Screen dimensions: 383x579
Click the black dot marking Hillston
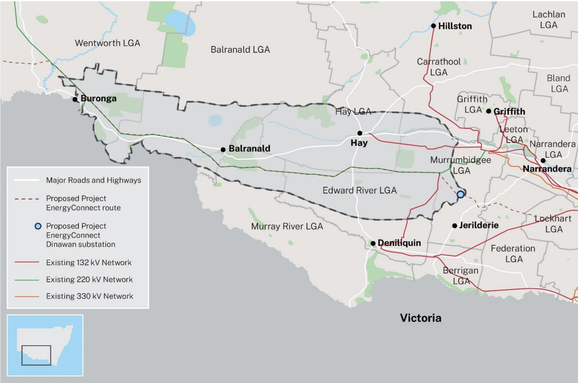tap(433, 26)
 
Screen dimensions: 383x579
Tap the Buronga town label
tap(98, 98)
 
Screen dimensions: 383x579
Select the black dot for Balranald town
tap(223, 150)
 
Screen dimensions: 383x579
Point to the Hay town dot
tap(360, 133)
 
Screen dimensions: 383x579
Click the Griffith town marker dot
tap(488, 111)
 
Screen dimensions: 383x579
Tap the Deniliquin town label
tap(399, 243)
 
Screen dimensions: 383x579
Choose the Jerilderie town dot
tap(455, 225)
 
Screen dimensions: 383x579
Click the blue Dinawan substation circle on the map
tap(460, 194)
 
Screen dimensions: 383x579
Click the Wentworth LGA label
tap(108, 43)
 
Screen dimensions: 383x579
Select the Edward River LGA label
tap(359, 190)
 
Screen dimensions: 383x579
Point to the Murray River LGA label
tap(287, 226)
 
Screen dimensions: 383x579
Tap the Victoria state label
tap(421, 318)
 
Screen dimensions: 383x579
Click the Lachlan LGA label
tap(549, 20)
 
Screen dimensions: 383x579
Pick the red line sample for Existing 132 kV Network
tap(27, 262)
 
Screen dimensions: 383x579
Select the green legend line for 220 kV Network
tap(27, 280)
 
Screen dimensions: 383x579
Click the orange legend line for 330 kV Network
tap(27, 296)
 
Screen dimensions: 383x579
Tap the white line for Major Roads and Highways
tap(27, 180)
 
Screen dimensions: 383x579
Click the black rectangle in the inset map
tap(36, 355)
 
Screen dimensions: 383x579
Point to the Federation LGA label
tap(513, 254)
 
